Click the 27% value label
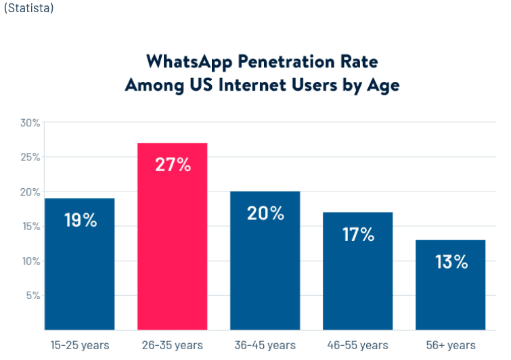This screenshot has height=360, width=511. click(x=173, y=164)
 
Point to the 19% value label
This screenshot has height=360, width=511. click(x=81, y=220)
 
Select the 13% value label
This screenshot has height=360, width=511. click(x=451, y=262)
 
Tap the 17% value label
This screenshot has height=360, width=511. click(x=358, y=234)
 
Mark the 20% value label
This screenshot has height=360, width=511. click(x=266, y=213)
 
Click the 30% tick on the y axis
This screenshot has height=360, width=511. click(x=30, y=122)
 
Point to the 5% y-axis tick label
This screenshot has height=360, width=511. click(x=32, y=296)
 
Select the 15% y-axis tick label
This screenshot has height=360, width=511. click(x=30, y=227)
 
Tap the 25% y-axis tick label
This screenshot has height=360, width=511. click(x=30, y=157)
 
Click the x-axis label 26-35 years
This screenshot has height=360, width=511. click(x=172, y=345)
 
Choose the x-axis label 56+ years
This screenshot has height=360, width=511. click(x=450, y=345)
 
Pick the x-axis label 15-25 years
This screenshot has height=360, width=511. click(x=80, y=345)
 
